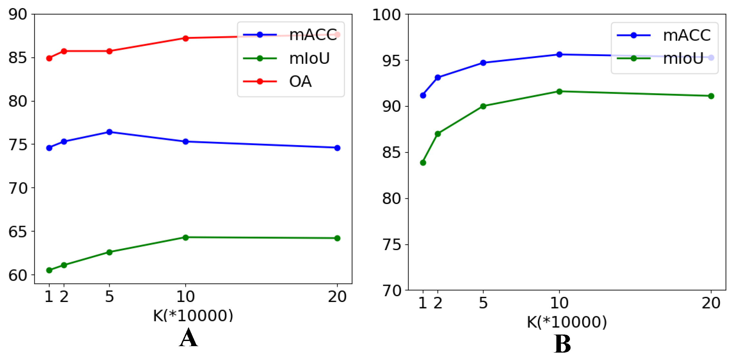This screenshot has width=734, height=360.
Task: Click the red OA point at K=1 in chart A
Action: pyautogui.click(x=49, y=58)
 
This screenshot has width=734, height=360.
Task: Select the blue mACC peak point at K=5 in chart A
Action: pyautogui.click(x=109, y=132)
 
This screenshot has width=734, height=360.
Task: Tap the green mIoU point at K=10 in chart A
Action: pyautogui.click(x=185, y=238)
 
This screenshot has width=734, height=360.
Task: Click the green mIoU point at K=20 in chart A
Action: pyautogui.click(x=337, y=238)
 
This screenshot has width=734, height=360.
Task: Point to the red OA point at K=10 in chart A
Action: pyautogui.click(x=185, y=38)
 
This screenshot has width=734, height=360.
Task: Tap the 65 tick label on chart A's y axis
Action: pyautogui.click(x=18, y=232)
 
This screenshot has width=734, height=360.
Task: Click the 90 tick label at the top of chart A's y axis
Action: pyautogui.click(x=18, y=14)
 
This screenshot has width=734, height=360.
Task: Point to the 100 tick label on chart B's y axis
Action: pyautogui.click(x=387, y=15)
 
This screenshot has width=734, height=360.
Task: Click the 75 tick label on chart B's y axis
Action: pyautogui.click(x=392, y=245)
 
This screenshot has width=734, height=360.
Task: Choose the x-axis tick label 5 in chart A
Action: pyautogui.click(x=109, y=297)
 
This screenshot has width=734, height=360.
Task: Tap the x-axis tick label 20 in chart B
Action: pyautogui.click(x=711, y=303)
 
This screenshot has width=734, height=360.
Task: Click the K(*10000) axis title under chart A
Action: pyautogui.click(x=193, y=316)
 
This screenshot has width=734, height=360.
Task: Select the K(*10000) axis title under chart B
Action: pyautogui.click(x=567, y=322)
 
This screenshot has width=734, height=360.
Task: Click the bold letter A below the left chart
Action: pyautogui.click(x=188, y=338)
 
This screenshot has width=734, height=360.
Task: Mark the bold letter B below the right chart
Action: pyautogui.click(x=562, y=344)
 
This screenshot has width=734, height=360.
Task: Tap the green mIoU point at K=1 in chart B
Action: pyautogui.click(x=423, y=163)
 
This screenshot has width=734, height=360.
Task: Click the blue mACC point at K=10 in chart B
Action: pyautogui.click(x=559, y=54)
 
